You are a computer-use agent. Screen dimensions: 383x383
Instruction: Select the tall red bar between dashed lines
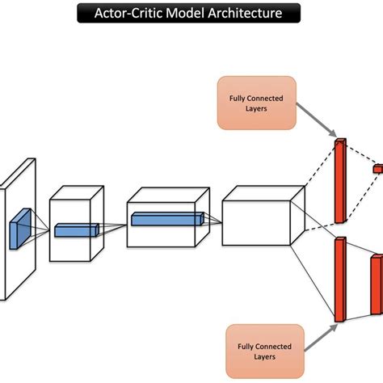pos(339,182)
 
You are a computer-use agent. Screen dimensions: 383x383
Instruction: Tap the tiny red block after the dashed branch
pos(376,170)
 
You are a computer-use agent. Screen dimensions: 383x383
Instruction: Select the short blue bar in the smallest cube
pos(76,231)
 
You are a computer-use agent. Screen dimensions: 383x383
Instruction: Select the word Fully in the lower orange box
pos(246,347)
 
